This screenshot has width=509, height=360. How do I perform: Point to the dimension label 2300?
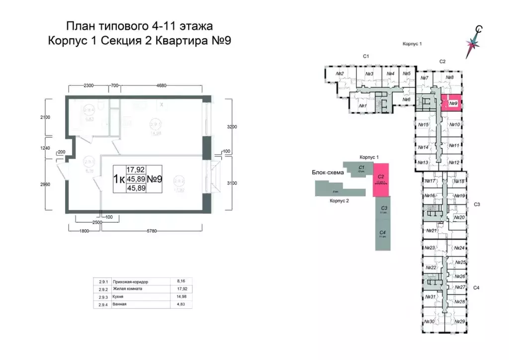(89, 86)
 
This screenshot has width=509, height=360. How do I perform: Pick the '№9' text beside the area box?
(156, 179)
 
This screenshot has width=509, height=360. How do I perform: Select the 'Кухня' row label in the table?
(119, 296)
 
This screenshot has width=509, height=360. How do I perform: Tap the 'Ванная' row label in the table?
(120, 304)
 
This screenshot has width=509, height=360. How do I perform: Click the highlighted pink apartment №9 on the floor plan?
(453, 104)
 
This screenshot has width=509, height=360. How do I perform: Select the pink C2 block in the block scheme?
(381, 179)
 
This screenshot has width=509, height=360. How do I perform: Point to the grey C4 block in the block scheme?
(383, 234)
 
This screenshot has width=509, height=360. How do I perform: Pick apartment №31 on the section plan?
(430, 297)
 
